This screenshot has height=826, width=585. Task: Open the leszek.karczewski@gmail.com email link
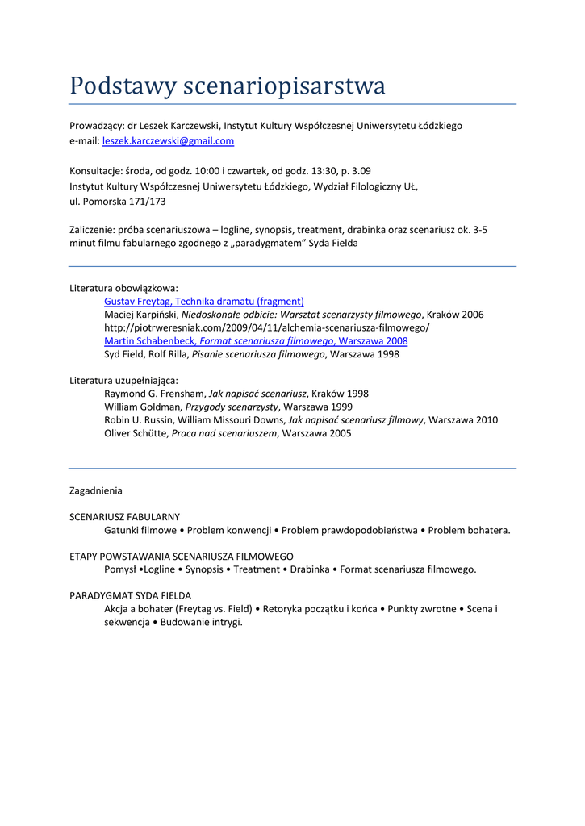tap(168, 140)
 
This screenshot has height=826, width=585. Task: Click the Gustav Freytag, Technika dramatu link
tap(203, 301)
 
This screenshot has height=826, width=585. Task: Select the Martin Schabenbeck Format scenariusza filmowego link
tap(256, 340)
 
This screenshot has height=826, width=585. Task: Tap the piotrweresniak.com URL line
tap(266, 327)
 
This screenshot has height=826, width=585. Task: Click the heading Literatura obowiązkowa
tap(123, 287)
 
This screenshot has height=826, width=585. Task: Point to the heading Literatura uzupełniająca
tap(124, 380)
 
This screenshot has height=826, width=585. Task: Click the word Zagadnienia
tap(96, 490)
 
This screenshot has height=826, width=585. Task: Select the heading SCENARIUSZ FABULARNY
tap(124, 516)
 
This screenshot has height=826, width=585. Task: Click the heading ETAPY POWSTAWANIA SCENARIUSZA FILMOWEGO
tap(181, 556)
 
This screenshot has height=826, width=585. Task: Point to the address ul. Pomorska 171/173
tap(118, 202)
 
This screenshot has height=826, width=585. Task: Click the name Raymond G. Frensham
tap(154, 394)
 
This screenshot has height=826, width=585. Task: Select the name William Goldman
tap(143, 407)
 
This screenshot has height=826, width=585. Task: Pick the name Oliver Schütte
tap(136, 433)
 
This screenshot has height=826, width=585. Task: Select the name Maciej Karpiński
tap(140, 314)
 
